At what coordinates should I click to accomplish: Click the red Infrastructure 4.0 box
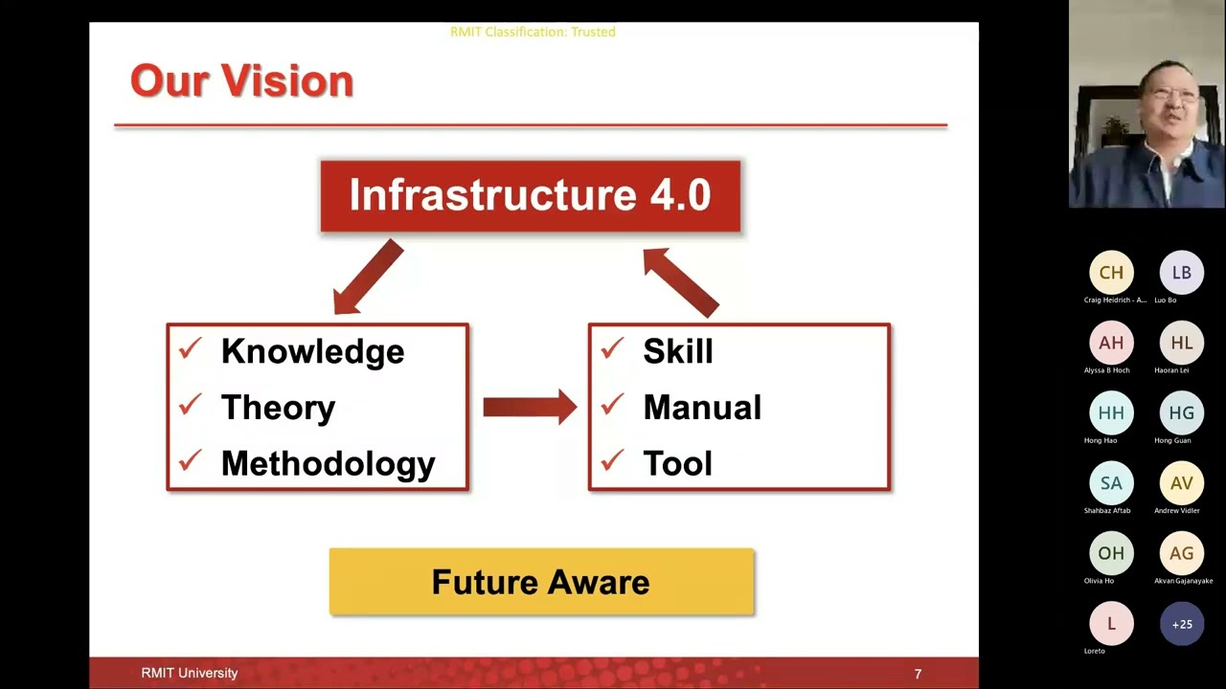530,196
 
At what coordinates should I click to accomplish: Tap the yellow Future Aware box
541,582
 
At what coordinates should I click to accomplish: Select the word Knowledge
312,351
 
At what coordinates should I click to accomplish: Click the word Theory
278,408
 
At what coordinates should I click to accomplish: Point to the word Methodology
328,464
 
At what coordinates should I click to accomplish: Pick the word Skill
678,351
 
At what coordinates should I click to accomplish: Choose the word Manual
702,408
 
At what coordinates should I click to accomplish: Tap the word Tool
677,464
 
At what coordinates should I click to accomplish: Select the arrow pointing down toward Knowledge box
368,278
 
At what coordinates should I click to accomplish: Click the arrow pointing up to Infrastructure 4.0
680,280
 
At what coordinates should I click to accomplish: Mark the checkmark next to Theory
190,406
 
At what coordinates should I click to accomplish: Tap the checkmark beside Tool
612,462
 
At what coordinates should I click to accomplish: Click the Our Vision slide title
241,81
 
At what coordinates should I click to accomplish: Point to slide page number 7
918,674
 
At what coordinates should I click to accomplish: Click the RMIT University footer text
189,673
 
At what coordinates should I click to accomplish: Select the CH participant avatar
1111,273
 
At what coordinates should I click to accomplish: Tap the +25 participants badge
1182,624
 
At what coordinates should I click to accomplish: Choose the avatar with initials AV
1182,483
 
